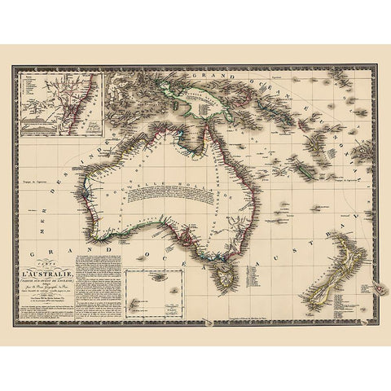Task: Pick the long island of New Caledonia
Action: [x=304, y=169]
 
